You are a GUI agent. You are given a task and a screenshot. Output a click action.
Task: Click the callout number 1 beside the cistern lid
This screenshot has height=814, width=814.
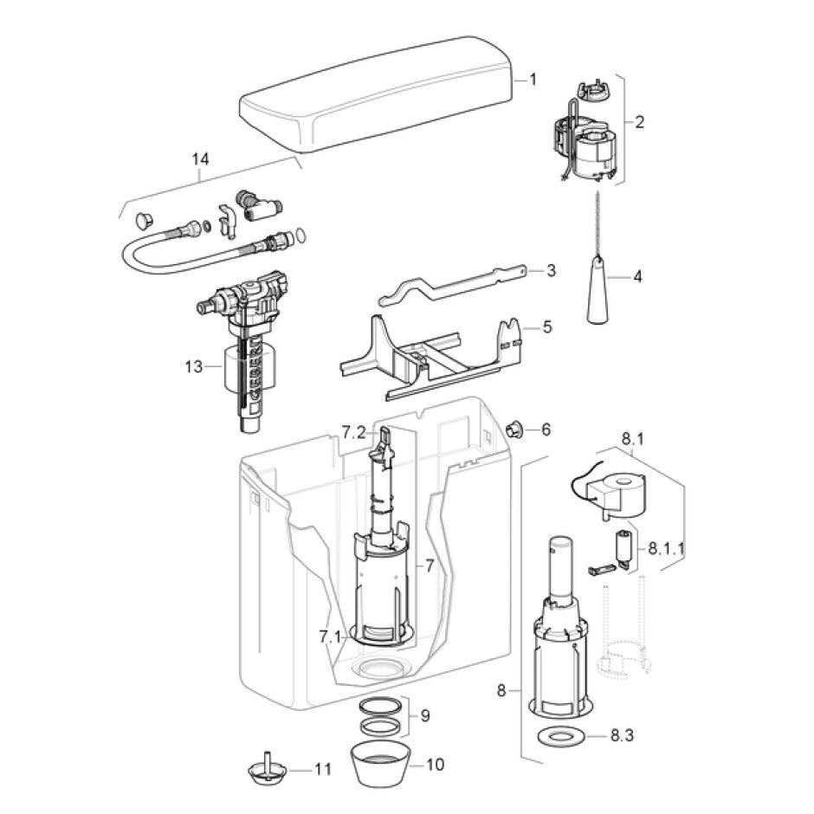[x=533, y=80]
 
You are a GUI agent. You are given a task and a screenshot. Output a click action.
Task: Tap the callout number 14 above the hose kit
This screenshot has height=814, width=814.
[x=200, y=158]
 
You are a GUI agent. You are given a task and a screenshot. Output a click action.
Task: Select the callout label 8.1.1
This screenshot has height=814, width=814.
[x=666, y=549]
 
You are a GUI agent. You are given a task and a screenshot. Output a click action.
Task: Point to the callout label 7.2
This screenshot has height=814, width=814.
[x=353, y=432]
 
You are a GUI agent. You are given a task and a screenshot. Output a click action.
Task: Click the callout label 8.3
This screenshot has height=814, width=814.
[x=622, y=735]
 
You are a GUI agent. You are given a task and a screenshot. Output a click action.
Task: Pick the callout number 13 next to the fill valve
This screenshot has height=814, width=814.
[x=194, y=366]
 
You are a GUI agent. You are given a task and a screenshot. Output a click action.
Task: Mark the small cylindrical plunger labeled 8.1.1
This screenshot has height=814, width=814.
[x=623, y=547]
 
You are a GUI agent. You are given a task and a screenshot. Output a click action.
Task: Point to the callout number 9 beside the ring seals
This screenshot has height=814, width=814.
[x=425, y=716]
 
